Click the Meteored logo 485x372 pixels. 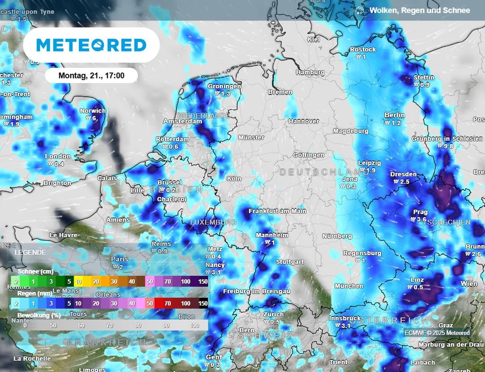coord(91,45)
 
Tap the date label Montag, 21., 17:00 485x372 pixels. coord(91,75)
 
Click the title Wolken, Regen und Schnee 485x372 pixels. coord(420,10)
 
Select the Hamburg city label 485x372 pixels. coord(310,72)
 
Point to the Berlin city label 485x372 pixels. coord(395,115)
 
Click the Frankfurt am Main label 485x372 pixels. coord(277,211)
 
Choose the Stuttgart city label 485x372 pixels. coord(289,262)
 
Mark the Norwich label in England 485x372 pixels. coord(93,111)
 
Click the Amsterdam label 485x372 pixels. coord(182,121)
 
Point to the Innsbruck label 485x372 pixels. coord(345,319)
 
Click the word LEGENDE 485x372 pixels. coord(30,252)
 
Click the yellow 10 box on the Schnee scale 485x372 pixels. coord(79,281)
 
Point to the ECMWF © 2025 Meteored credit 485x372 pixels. coord(437,333)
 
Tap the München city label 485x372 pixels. coord(349,286)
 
